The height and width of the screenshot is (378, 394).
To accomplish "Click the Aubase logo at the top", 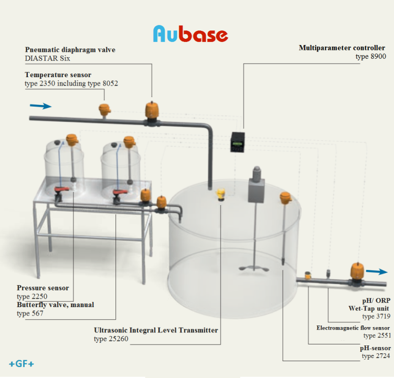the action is [x=190, y=34].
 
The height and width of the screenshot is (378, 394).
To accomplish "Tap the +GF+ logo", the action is [x=22, y=364].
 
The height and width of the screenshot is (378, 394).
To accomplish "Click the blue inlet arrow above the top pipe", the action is [x=41, y=106].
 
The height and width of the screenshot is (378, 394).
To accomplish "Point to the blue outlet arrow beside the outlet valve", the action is [x=377, y=271].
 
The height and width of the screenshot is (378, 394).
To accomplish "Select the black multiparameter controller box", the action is [x=238, y=142].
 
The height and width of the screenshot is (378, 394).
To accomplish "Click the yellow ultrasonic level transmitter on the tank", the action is [x=220, y=194].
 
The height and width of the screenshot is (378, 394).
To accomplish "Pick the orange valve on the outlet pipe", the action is [x=357, y=273].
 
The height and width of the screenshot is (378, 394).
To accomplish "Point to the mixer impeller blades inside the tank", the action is [x=254, y=268].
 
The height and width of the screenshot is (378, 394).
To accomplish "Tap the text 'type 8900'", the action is [x=370, y=56].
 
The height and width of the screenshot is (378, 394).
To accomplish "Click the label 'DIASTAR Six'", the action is [x=47, y=58].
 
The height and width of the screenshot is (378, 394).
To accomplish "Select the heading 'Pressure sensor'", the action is [x=42, y=288].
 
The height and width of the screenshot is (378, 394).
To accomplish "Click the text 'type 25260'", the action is [x=111, y=339].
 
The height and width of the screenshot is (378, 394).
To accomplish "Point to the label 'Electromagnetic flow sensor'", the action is [x=353, y=328].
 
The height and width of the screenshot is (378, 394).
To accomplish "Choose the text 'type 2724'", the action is [x=376, y=356].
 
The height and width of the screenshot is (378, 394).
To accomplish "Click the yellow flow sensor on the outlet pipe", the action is [x=308, y=276].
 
